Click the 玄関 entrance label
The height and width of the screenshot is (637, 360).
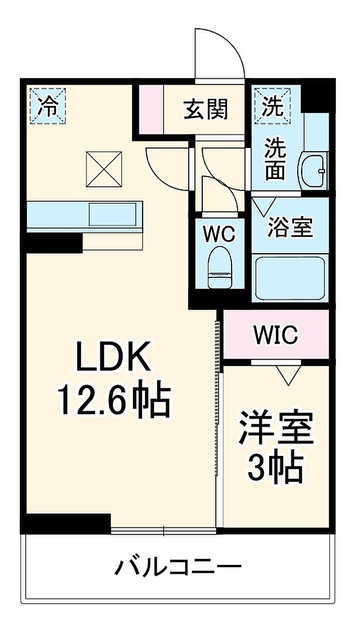pyautogui.click(x=206, y=109)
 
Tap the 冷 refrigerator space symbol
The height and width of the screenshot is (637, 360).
pyautogui.click(x=48, y=106)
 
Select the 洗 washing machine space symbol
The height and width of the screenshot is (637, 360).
pyautogui.click(x=273, y=106)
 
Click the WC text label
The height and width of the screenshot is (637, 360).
pyautogui.click(x=220, y=234)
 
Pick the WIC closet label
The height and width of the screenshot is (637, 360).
pyautogui.click(x=276, y=334)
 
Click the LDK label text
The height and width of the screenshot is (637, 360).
pyautogui.click(x=113, y=357)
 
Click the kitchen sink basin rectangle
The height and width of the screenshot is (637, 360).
pyautogui.click(x=113, y=214)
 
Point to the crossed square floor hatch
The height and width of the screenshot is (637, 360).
pyautogui.click(x=104, y=169)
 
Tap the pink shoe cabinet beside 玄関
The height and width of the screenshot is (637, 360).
pyautogui.click(x=151, y=109)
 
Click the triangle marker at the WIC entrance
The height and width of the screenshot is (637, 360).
pyautogui.click(x=288, y=376)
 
